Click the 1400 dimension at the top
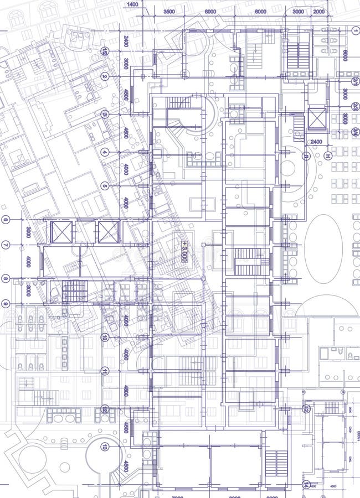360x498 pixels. point(132,4)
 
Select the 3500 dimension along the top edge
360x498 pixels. point(169,12)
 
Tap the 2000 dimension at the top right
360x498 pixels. point(319,12)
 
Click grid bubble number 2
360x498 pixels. point(105,76)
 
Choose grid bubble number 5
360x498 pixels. point(105,186)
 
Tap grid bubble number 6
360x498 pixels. point(6,220)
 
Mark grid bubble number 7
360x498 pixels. point(6,245)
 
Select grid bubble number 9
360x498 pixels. point(6,303)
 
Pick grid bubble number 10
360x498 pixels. point(105,337)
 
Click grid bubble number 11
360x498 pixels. point(105,371)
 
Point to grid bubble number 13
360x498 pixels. point(105,447)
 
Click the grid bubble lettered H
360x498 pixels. point(327,156)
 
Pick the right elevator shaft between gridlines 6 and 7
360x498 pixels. point(108,232)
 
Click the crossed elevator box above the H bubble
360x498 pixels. point(317,117)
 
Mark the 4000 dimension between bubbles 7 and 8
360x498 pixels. point(28,261)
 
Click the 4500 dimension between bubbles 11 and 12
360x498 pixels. point(126,391)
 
